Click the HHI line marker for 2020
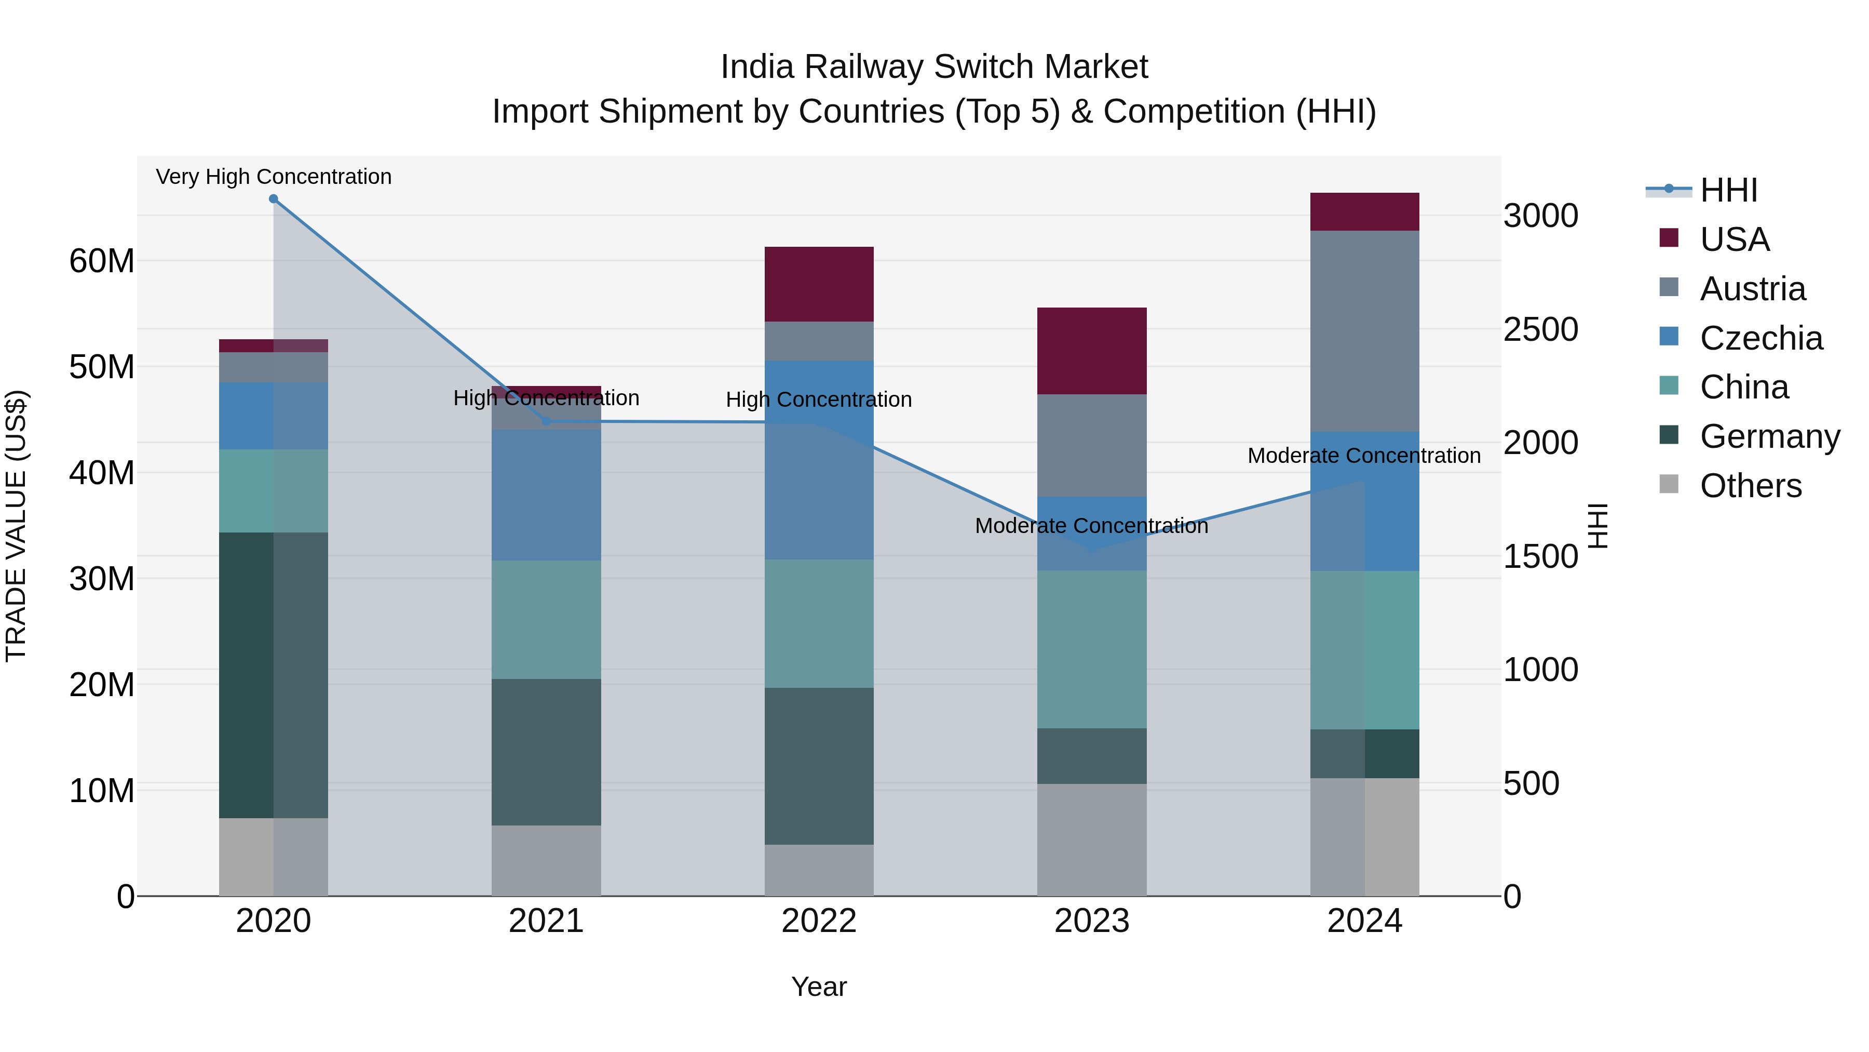click(274, 199)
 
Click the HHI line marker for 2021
click(546, 421)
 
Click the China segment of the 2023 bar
click(1091, 649)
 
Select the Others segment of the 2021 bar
click(546, 860)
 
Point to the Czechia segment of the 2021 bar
click(546, 495)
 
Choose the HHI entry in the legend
click(1728, 190)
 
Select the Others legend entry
click(1750, 486)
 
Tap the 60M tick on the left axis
click(102, 261)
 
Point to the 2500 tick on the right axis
click(1540, 329)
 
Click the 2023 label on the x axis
click(1091, 921)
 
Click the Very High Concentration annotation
click(274, 177)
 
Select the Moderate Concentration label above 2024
click(1364, 456)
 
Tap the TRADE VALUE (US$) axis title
click(16, 526)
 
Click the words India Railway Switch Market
click(934, 67)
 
